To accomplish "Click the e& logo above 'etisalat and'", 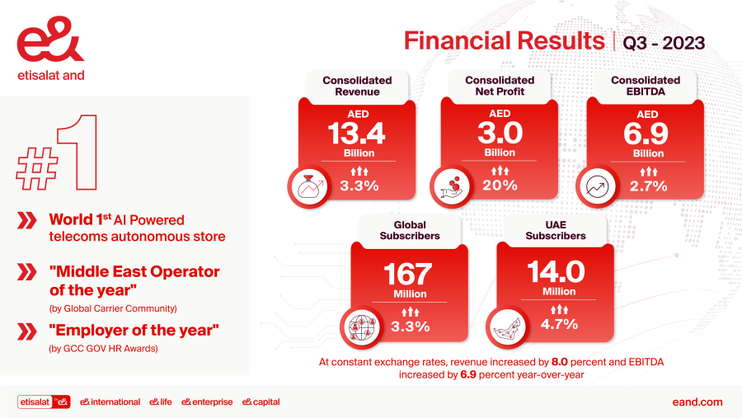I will pyautogui.click(x=49, y=45).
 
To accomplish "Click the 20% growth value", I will pyautogui.click(x=500, y=186).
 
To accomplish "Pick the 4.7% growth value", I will pyautogui.click(x=559, y=326).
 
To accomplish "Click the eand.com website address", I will pyautogui.click(x=697, y=402).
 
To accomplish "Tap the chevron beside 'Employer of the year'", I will pyautogui.click(x=27, y=331).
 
